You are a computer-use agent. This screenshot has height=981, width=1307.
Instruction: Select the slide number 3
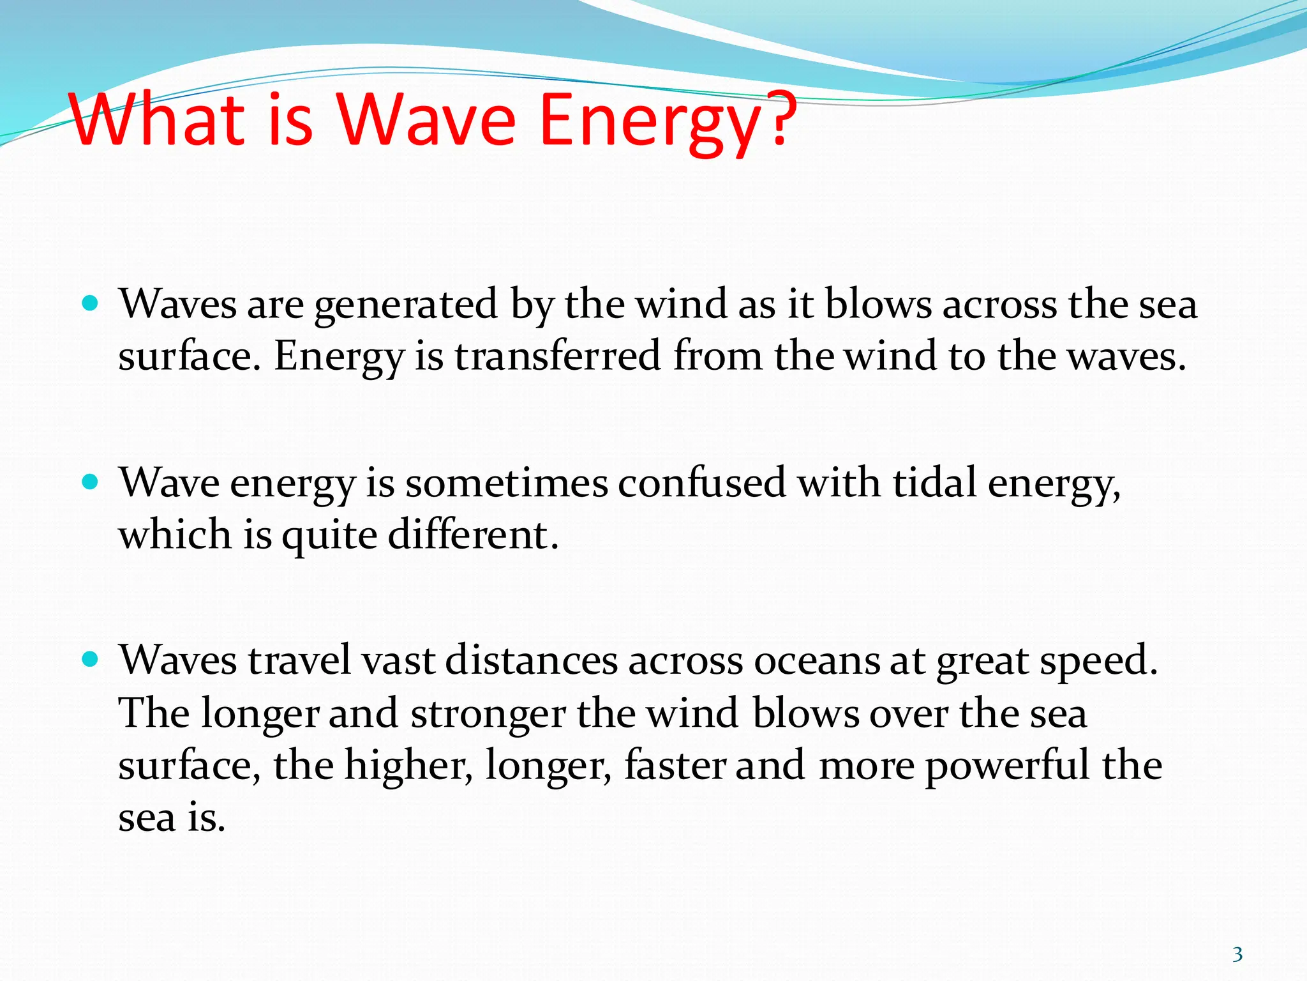pos(1237,954)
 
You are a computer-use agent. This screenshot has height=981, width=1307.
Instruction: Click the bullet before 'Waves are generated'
pos(91,303)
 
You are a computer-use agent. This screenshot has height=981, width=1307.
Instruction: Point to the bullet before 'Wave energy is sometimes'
pos(91,482)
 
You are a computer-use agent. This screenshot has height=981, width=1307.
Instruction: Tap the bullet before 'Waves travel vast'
pos(91,659)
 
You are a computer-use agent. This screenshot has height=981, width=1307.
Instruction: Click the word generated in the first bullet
pos(405,305)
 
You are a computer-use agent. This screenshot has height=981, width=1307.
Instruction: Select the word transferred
pos(557,356)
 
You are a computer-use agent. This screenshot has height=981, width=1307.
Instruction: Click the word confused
pos(701,483)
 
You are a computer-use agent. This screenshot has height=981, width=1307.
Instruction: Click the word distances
pos(531,660)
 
